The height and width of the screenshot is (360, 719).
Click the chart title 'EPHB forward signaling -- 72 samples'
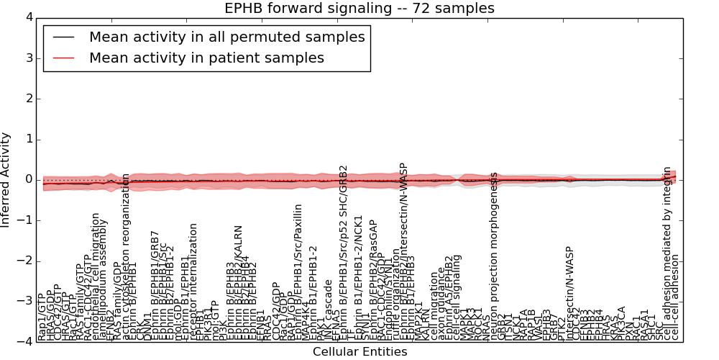coord(359,9)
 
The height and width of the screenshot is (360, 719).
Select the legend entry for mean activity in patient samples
coord(206,58)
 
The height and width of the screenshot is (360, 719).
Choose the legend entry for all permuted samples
coord(226,37)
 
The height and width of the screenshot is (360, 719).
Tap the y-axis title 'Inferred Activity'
coord(6,180)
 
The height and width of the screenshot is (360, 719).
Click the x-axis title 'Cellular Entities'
coord(359,352)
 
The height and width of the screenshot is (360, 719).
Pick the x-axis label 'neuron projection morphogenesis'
coord(494,256)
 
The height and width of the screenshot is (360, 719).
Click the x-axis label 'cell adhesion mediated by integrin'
coord(667,252)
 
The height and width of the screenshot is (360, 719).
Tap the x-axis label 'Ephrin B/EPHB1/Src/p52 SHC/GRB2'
coord(344,252)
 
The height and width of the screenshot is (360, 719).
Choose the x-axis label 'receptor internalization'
coord(193,282)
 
